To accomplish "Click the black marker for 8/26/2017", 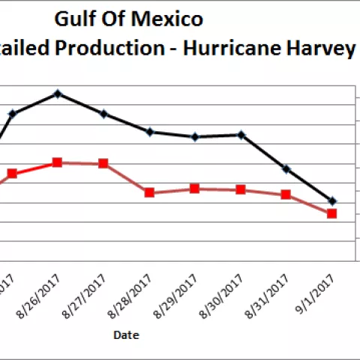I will click(x=58, y=94).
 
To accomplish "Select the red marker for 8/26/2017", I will click(x=58, y=162).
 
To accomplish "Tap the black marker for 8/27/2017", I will click(x=103, y=114).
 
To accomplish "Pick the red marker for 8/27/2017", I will click(x=103, y=163).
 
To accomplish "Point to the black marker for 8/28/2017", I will click(x=149, y=132).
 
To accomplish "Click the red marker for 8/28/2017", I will click(x=149, y=193).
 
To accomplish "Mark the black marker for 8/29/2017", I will click(x=195, y=137).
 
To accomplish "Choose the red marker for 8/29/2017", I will click(x=195, y=189).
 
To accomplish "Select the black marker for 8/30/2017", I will click(x=241, y=135).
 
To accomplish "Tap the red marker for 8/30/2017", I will click(x=241, y=190).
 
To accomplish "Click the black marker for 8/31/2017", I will click(x=286, y=169).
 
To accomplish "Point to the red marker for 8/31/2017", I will click(x=286, y=195).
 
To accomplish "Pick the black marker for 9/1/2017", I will click(x=332, y=201).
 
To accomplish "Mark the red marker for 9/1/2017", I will click(x=332, y=214).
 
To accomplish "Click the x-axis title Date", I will click(x=126, y=335).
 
